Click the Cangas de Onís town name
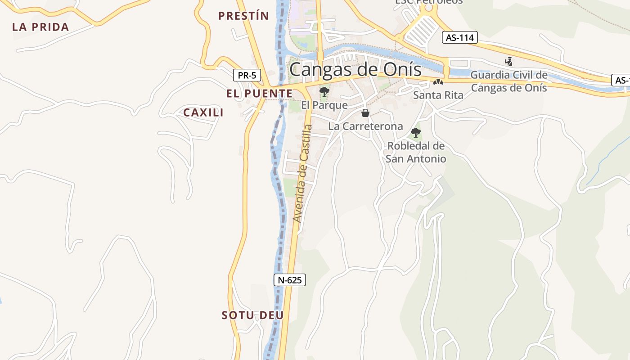click(x=355, y=70)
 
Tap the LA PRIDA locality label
click(x=40, y=27)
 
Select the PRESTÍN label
click(x=243, y=16)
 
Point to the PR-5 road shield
click(x=247, y=75)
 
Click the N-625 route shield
click(x=290, y=280)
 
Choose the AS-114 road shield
click(x=459, y=38)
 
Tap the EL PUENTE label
click(x=259, y=94)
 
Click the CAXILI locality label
click(x=203, y=112)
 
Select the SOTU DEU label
click(x=252, y=315)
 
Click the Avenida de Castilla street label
click(x=302, y=173)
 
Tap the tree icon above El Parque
click(x=324, y=92)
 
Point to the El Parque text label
click(x=324, y=105)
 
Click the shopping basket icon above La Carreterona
click(x=365, y=113)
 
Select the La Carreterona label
click(x=365, y=126)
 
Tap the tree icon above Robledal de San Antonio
click(x=416, y=133)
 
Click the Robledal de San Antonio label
click(x=416, y=153)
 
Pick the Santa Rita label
click(x=438, y=95)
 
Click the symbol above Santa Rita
click(x=438, y=82)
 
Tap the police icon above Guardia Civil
click(x=509, y=61)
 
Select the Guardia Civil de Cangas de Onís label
click(x=509, y=81)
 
